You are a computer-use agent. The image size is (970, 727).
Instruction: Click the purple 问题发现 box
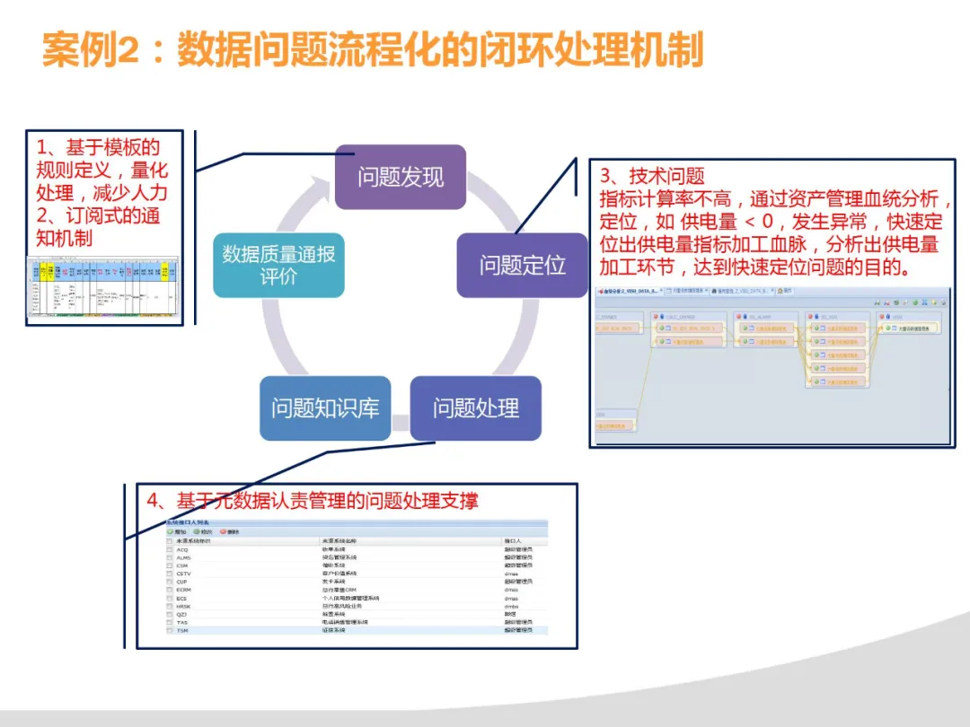(401, 177)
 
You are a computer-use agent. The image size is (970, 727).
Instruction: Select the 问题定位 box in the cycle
(522, 265)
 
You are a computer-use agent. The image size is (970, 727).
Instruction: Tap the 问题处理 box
(475, 408)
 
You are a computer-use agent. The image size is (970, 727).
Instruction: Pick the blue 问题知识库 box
(325, 408)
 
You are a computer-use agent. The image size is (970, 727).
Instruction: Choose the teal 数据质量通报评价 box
(278, 265)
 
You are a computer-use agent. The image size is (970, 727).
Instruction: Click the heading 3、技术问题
(653, 177)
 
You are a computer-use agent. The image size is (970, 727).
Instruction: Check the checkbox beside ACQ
(169, 549)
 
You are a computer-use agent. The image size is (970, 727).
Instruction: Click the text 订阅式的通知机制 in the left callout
(99, 227)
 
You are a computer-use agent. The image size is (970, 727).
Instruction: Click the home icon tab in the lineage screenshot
(783, 292)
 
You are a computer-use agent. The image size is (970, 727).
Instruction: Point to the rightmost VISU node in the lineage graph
(910, 328)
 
